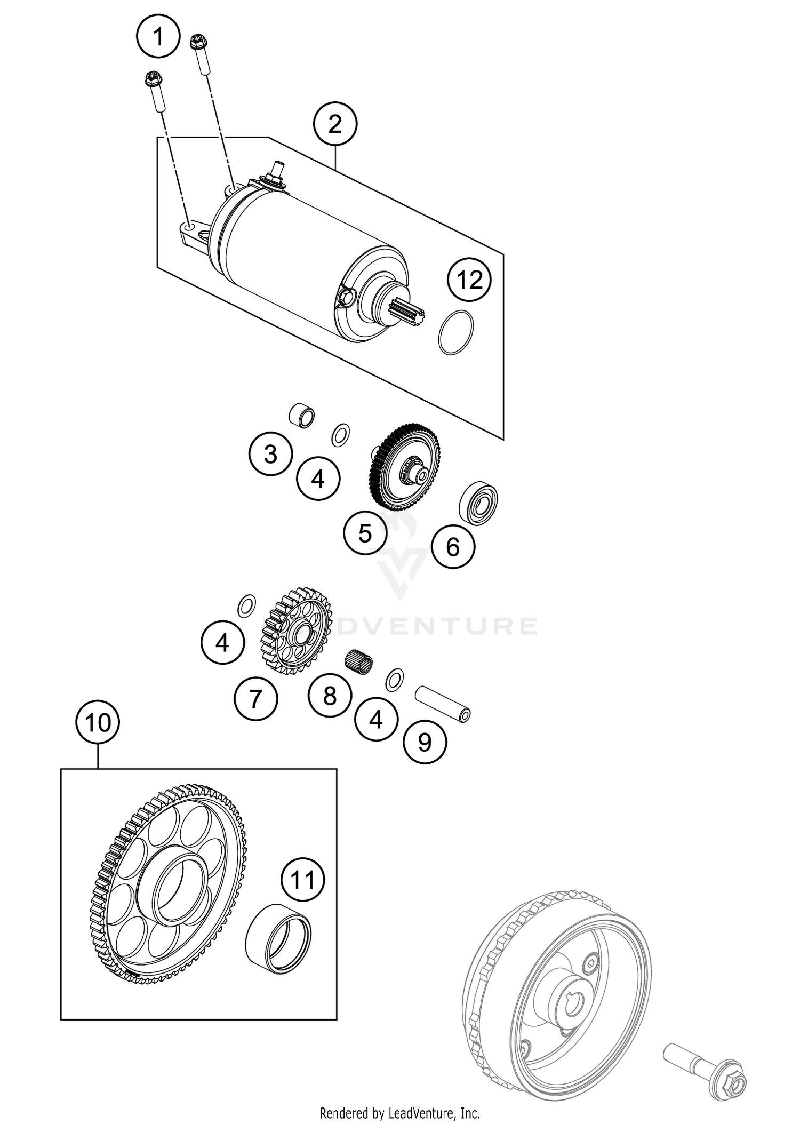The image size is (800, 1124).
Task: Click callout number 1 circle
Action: [x=158, y=37]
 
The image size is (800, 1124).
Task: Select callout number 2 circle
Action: [x=335, y=125]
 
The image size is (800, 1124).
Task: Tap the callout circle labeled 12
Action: [x=469, y=280]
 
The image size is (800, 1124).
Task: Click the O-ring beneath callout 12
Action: [x=456, y=332]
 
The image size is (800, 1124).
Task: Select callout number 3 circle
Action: [x=270, y=454]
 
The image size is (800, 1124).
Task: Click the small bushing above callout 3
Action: [x=301, y=416]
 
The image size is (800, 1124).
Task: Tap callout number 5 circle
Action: [x=365, y=532]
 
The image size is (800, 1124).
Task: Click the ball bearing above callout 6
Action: [x=478, y=503]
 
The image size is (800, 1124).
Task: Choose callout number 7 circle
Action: [x=256, y=698]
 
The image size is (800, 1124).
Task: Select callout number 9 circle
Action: [x=425, y=742]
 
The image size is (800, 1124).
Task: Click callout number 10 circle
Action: [x=98, y=723]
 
